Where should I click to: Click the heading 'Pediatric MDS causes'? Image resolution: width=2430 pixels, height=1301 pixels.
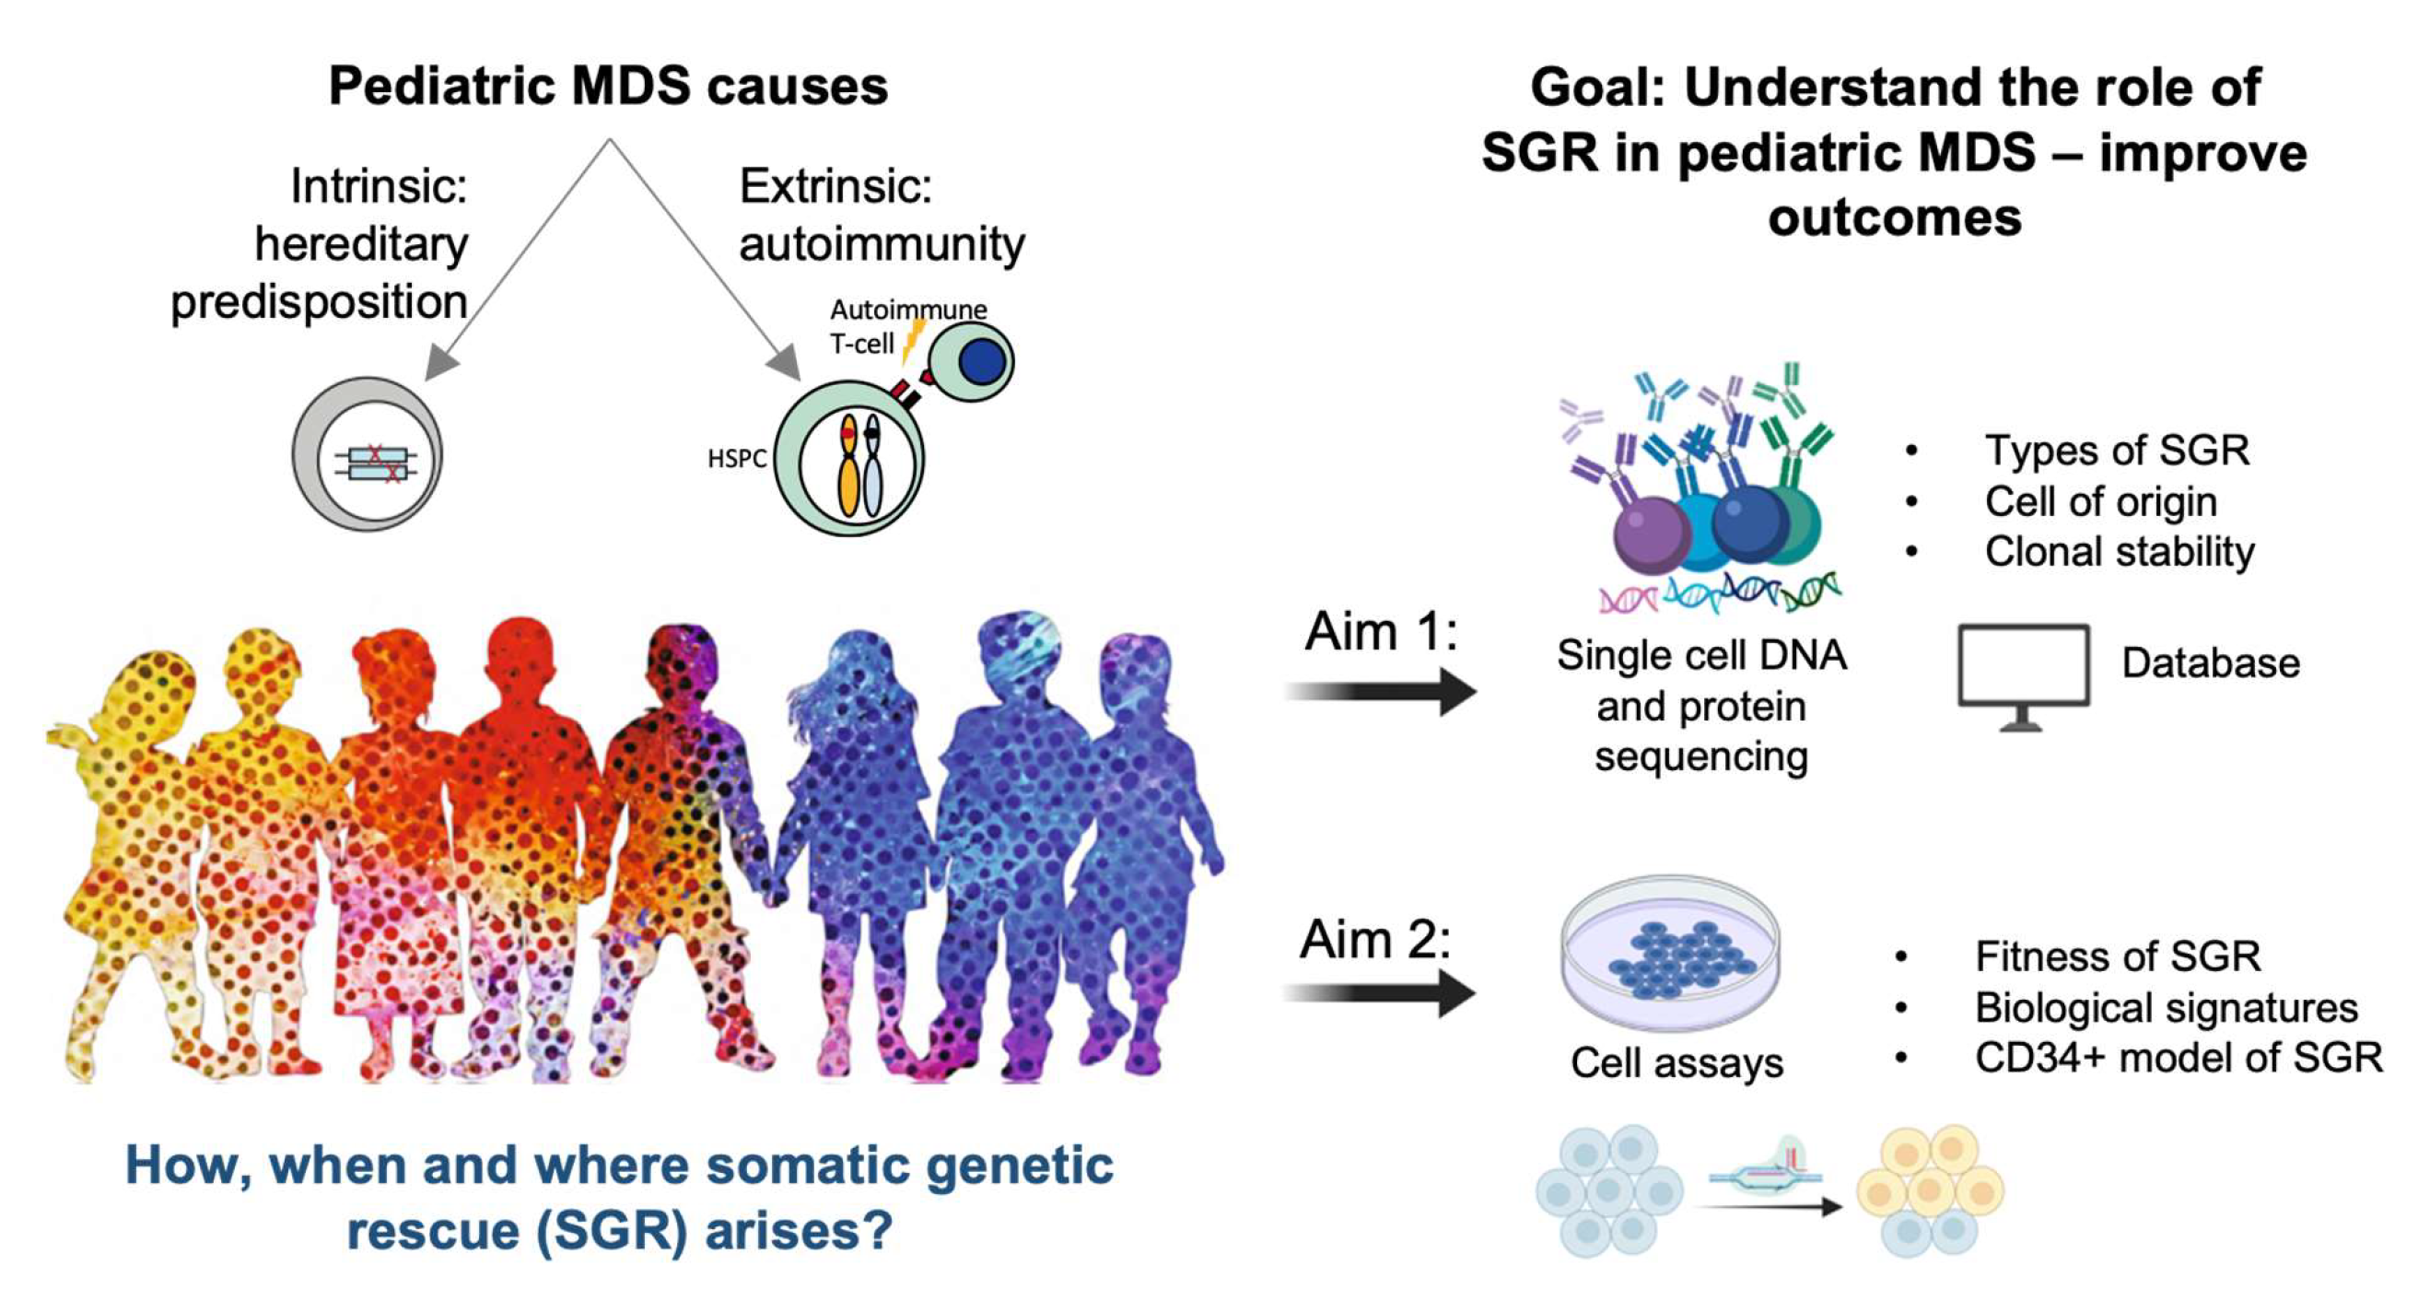pos(608,86)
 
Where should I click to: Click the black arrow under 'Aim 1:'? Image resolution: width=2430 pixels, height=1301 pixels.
pos(1381,692)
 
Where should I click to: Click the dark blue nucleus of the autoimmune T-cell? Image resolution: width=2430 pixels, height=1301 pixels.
pos(981,361)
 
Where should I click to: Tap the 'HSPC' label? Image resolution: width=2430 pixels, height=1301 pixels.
pos(737,460)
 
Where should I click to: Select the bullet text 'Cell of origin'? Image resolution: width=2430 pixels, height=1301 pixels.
pos(2100,501)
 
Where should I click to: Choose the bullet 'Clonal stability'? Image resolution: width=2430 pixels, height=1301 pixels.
pos(2119,552)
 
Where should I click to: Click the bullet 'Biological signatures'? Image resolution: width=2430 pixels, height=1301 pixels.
pos(2166,1007)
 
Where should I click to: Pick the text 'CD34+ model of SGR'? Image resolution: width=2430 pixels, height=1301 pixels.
pos(2179,1058)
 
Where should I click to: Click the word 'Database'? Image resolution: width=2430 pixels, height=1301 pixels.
pos(2210,663)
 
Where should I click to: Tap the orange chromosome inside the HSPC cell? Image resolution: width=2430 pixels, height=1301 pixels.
pos(849,467)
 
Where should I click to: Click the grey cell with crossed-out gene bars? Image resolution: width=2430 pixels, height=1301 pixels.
pos(367,456)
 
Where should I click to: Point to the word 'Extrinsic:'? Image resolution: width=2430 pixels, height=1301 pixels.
pos(835,186)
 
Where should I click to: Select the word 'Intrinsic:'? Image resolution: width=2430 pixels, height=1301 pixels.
pos(379,186)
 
